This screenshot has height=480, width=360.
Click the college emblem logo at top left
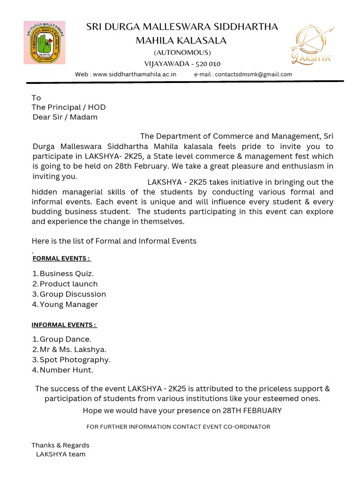(45, 43)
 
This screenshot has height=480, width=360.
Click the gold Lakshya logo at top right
(312, 45)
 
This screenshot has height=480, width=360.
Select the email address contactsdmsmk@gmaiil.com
(253, 75)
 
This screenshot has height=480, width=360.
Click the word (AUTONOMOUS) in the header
(182, 52)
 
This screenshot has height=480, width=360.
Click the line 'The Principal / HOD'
(68, 107)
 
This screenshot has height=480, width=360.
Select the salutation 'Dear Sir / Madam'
(65, 117)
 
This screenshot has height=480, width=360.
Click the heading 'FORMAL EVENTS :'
(61, 258)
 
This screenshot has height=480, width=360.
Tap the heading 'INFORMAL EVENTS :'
(64, 325)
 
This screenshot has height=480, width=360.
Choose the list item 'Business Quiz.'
(67, 274)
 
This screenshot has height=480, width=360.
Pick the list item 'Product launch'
(68, 284)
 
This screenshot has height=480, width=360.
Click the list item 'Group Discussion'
(73, 294)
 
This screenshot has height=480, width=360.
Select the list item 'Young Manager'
(69, 305)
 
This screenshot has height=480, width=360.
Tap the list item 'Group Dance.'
(66, 339)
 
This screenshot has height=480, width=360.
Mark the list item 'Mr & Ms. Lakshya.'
(73, 350)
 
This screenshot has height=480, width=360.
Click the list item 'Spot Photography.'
(75, 360)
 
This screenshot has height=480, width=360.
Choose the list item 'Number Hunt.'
(67, 370)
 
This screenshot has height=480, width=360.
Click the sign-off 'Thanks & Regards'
(60, 445)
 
